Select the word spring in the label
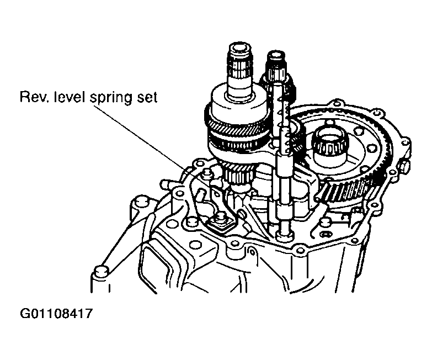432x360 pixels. [111, 98]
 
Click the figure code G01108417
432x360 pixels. [55, 314]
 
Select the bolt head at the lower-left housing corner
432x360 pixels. [100, 271]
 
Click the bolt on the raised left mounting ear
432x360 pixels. [140, 202]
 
